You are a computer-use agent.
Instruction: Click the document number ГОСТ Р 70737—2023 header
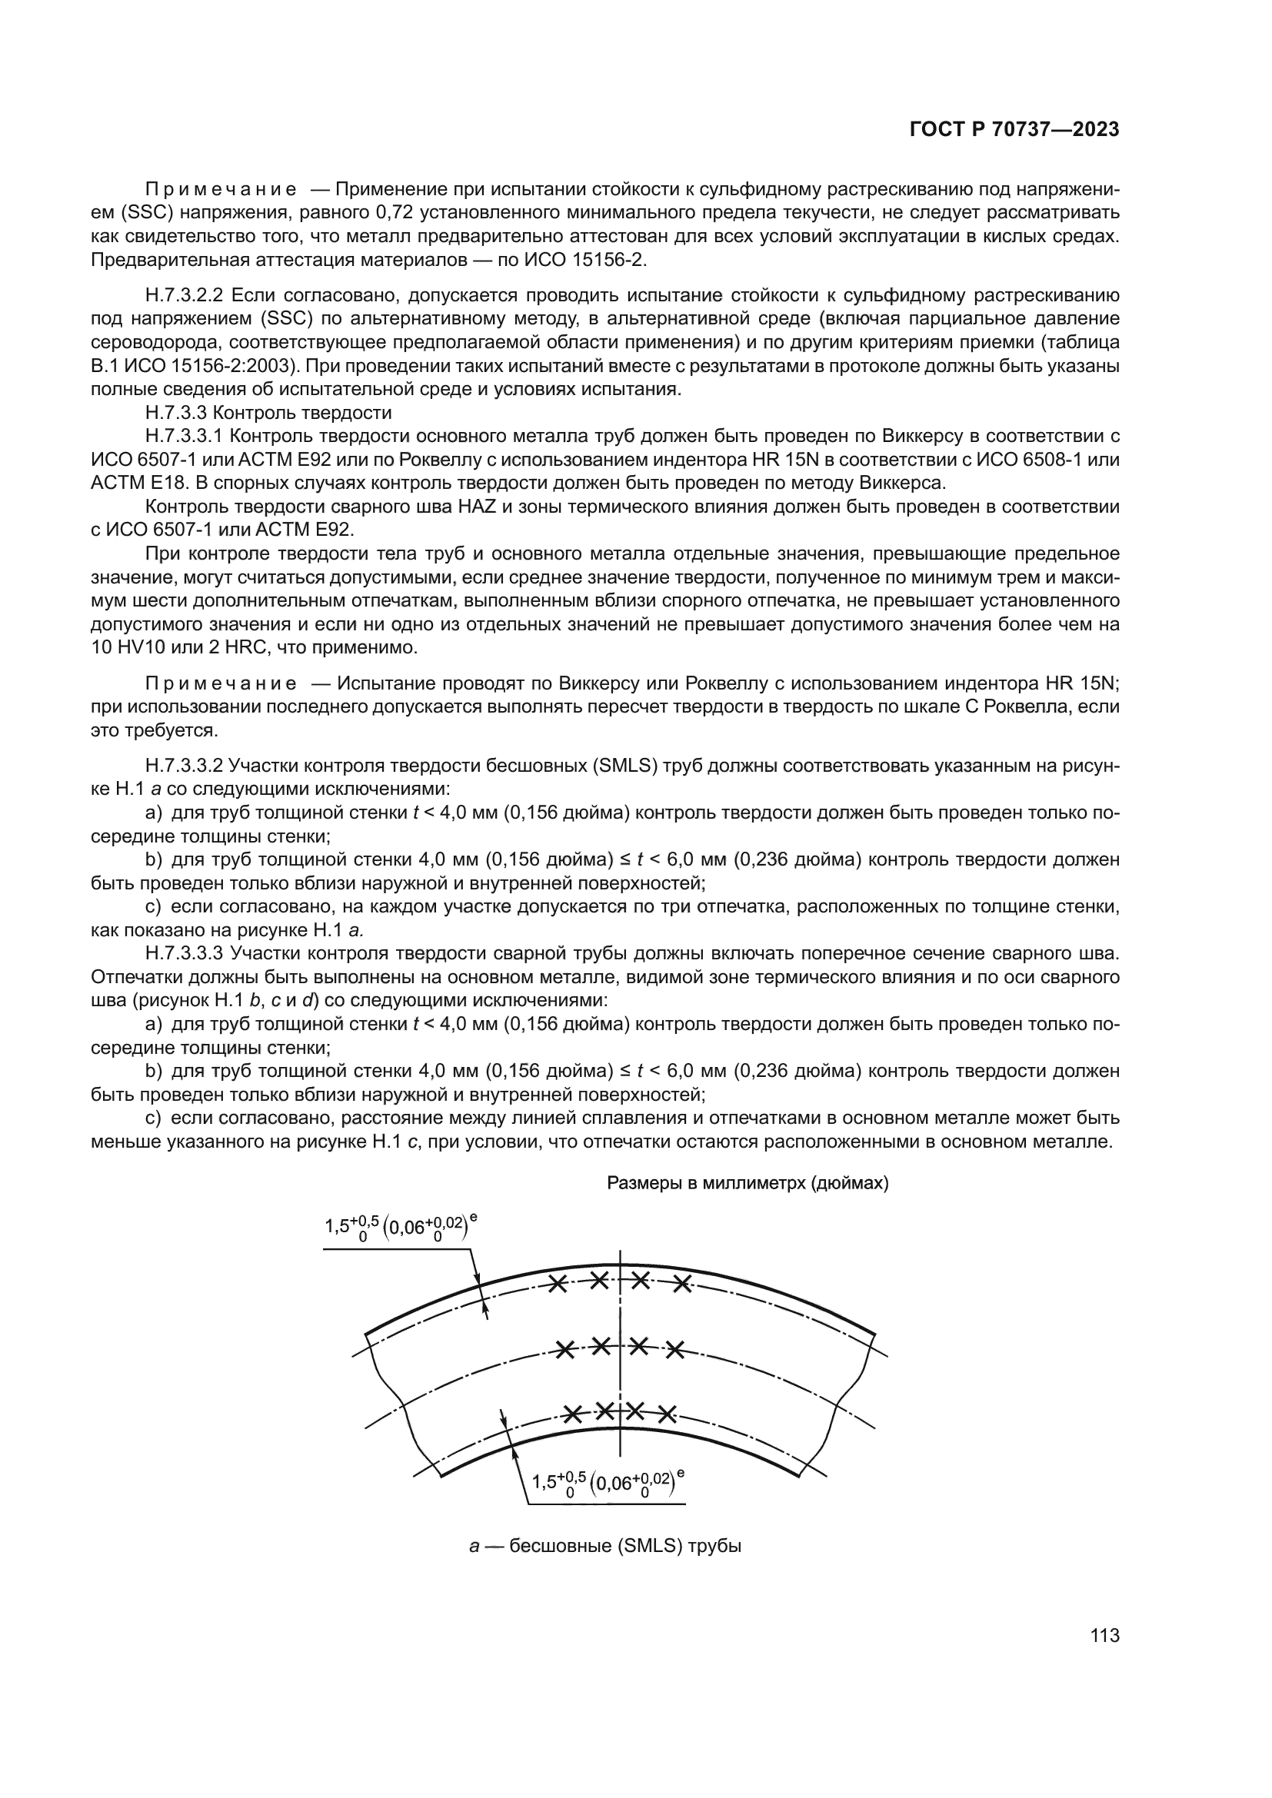pos(1014,130)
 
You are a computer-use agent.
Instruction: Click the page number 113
pos(1104,1635)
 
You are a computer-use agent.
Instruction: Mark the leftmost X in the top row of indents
pos(558,1284)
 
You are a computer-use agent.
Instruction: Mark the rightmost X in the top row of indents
pos(683,1284)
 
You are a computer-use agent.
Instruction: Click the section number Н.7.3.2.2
pos(185,295)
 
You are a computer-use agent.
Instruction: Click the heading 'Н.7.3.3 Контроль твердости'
pos(268,413)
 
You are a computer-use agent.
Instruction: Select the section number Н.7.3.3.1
pos(185,436)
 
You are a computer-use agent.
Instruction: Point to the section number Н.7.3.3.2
pos(185,765)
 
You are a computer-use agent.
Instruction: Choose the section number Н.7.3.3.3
pos(185,953)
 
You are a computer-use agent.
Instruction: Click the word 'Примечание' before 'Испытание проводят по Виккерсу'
pos(221,683)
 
